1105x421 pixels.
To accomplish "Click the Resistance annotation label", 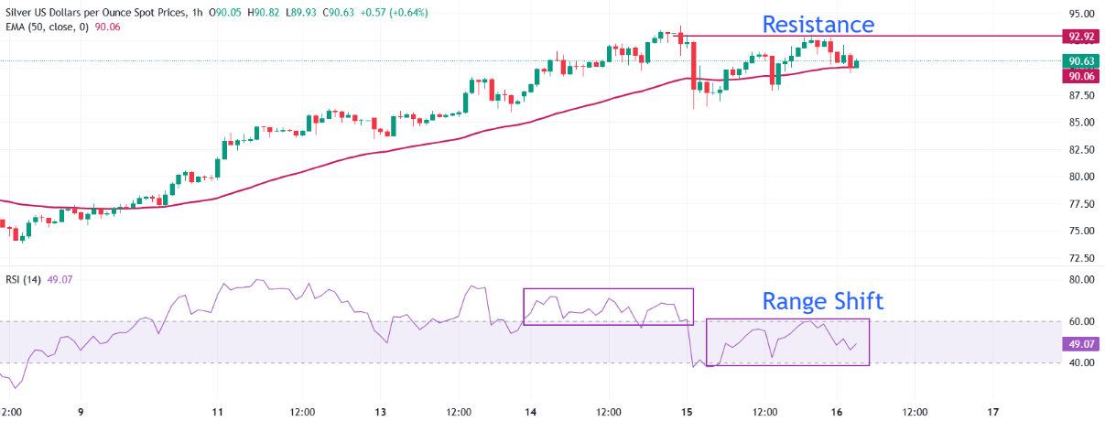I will point(818,24).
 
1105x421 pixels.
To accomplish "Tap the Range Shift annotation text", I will point(823,301).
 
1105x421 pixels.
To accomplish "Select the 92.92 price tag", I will point(1080,37).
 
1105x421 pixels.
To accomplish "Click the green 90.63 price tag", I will point(1080,61).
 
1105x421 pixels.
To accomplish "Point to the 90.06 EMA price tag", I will point(1080,76).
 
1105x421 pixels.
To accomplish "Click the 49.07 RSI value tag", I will point(1080,344).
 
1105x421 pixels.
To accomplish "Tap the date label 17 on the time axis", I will point(994,412).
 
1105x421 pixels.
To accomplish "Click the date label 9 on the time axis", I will point(81,412).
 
